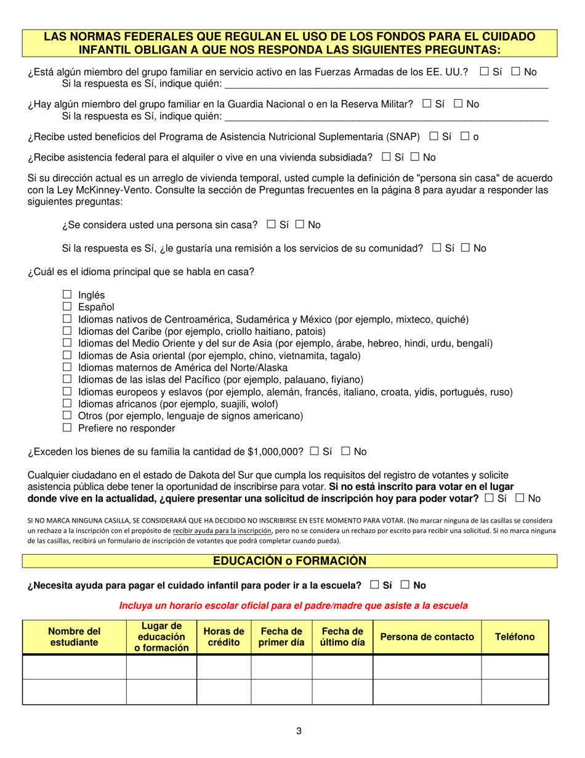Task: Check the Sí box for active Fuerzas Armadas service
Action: coord(484,71)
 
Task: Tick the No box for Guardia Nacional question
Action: coord(458,104)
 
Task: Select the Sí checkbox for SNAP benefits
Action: coord(434,136)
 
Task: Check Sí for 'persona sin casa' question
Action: coord(271,224)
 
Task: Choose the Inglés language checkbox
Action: coord(67,295)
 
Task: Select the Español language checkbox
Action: coord(67,307)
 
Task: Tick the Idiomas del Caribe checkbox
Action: coord(67,331)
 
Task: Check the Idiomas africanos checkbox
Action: coord(67,404)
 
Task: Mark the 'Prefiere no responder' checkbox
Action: coord(67,428)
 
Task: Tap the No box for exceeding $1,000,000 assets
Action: coord(345,451)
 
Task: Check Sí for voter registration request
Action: coord(489,498)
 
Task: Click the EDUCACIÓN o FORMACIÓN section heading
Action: coord(289,561)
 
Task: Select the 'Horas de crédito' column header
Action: coord(224,637)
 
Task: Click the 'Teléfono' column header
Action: coord(515,637)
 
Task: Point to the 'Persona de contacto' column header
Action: coord(427,637)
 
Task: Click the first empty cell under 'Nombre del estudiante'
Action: coord(74,667)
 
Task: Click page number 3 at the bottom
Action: coord(299,732)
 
